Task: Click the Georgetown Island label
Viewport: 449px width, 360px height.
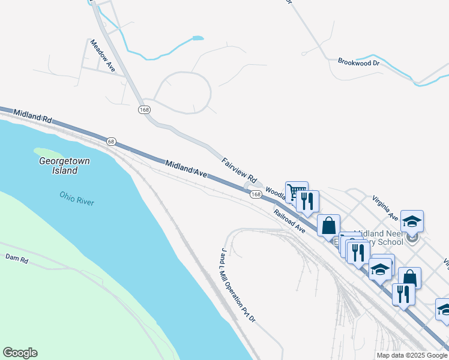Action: pyautogui.click(x=58, y=166)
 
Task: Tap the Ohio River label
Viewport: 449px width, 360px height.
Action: pyautogui.click(x=77, y=198)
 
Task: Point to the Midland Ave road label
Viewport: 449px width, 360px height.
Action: pyautogui.click(x=186, y=169)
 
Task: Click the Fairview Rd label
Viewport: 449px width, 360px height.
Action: pyautogui.click(x=240, y=170)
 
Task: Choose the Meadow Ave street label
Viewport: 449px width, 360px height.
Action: pyautogui.click(x=102, y=56)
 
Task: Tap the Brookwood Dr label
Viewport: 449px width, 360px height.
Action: pyautogui.click(x=359, y=62)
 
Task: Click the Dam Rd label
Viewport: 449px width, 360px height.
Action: pyautogui.click(x=17, y=259)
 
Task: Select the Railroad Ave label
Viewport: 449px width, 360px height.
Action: pyautogui.click(x=290, y=221)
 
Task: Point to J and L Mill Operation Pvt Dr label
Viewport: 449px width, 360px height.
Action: pyautogui.click(x=238, y=284)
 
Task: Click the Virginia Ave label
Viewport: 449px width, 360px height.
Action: pyautogui.click(x=385, y=207)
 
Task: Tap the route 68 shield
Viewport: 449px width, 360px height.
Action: pyautogui.click(x=111, y=141)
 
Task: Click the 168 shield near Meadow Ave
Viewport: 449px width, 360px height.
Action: pyautogui.click(x=143, y=109)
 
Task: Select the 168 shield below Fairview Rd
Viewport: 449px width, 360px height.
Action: pyautogui.click(x=256, y=194)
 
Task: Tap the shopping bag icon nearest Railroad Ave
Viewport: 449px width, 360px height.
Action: pyautogui.click(x=329, y=226)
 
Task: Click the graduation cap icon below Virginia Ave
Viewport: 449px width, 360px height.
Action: pyautogui.click(x=412, y=221)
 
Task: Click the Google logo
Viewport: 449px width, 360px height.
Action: pyautogui.click(x=20, y=353)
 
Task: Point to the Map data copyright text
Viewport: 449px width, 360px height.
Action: pyautogui.click(x=412, y=355)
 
